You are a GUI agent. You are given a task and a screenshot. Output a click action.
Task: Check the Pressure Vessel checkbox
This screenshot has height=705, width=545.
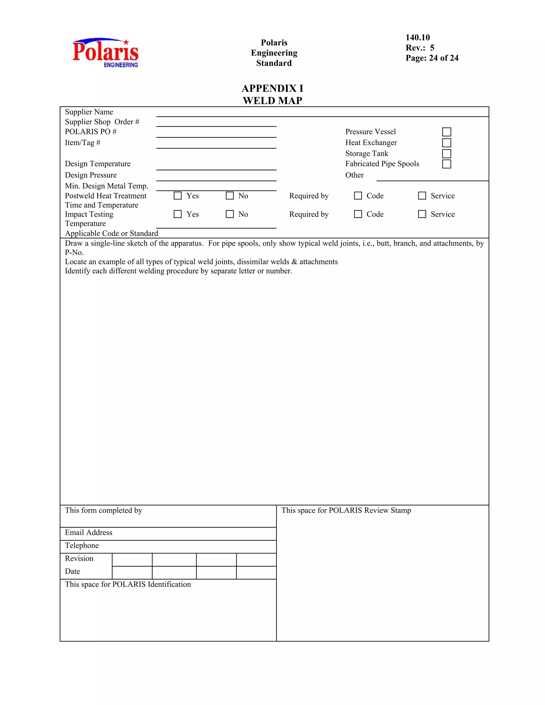click(x=447, y=132)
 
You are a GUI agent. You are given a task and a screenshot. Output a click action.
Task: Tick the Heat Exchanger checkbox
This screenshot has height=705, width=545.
click(x=447, y=143)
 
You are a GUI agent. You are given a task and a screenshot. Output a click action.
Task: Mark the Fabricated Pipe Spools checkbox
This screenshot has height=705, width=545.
click(x=447, y=164)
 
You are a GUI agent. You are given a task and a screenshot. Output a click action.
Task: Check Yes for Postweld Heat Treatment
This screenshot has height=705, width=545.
click(x=177, y=196)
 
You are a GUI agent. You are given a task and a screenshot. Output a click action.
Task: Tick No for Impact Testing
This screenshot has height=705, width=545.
click(x=230, y=214)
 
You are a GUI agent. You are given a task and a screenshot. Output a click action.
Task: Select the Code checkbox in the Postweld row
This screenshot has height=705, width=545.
click(x=358, y=196)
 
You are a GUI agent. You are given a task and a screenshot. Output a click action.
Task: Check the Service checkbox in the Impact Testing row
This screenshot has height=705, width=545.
click(x=422, y=214)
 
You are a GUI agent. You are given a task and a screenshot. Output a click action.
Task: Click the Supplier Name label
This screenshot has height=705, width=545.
click(x=89, y=112)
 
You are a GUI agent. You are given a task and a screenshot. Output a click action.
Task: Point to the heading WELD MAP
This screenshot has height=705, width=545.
click(x=272, y=101)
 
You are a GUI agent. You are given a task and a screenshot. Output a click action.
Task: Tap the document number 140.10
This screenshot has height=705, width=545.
click(x=418, y=38)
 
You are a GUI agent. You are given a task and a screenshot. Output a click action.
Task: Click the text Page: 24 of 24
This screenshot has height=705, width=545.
click(x=432, y=58)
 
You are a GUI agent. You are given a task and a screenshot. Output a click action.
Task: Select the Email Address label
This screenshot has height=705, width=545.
click(x=89, y=533)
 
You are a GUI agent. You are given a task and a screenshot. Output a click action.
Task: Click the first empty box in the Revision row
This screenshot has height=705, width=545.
click(x=132, y=560)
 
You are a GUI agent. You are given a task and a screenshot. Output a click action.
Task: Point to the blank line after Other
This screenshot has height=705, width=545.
click(x=433, y=177)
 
